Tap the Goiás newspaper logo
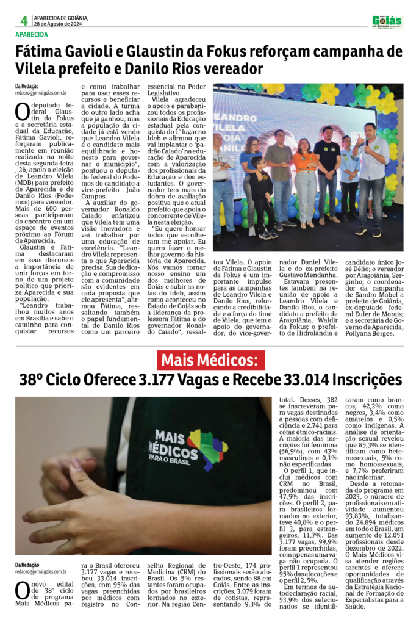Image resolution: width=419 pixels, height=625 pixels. pos(387,22)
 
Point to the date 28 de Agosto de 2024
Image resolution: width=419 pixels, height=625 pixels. pos(61,24)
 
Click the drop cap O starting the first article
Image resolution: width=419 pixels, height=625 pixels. pos(23,112)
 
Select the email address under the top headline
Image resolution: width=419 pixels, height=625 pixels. pos(41,93)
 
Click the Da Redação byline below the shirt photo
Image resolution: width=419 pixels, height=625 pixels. pos(27,565)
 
